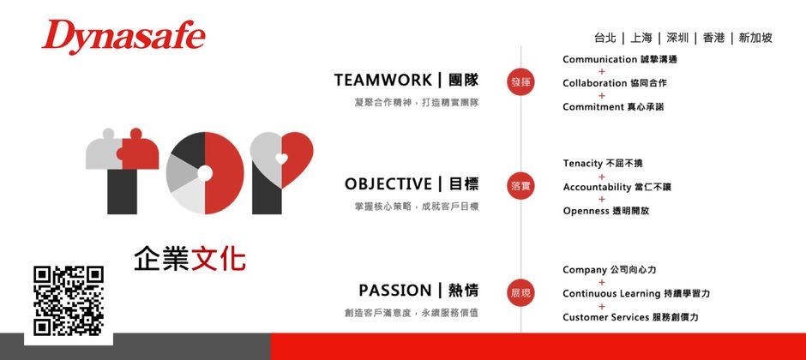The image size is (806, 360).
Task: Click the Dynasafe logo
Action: click(x=123, y=37)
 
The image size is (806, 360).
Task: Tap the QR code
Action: click(x=68, y=301)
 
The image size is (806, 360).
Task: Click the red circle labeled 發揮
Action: click(x=520, y=82)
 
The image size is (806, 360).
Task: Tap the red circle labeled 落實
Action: click(x=520, y=185)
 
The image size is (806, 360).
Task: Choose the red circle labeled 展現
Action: click(x=520, y=292)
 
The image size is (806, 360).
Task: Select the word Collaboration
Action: click(x=594, y=83)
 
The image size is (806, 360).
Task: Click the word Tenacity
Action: click(x=582, y=163)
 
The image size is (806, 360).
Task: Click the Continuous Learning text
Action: click(x=611, y=294)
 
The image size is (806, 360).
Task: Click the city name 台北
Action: click(x=604, y=38)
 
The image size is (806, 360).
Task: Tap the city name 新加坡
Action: click(x=755, y=38)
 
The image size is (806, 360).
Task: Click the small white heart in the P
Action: click(x=281, y=158)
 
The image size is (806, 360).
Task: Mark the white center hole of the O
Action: click(x=204, y=173)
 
